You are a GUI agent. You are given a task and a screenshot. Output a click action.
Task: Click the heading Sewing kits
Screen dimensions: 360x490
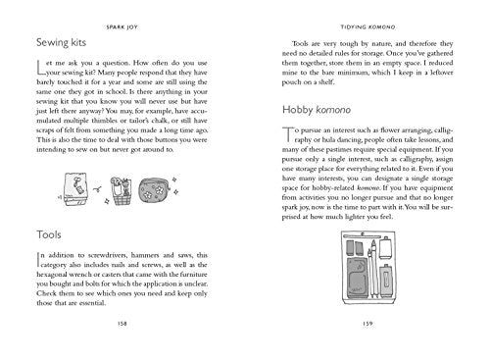tap(61, 44)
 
